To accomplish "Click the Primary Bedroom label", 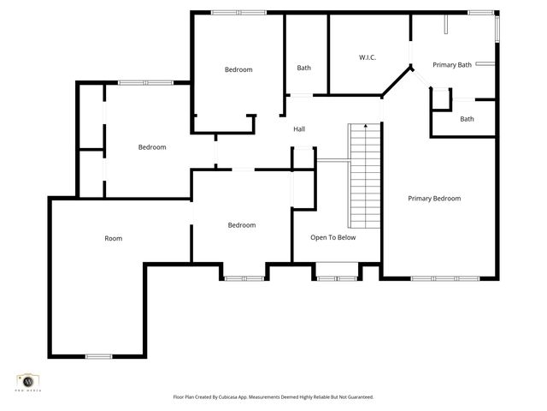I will [434, 199].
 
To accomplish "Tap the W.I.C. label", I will [368, 57].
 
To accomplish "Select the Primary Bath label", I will [452, 65].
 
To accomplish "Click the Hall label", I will [299, 129].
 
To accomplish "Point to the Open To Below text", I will [332, 238].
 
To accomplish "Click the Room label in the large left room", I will [113, 238].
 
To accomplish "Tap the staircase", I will [364, 176].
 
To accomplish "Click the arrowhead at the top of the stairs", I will [365, 127].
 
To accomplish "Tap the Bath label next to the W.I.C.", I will [303, 68].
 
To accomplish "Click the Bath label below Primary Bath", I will [467, 119].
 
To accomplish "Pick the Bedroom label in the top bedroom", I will [238, 69].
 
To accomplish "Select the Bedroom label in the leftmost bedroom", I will [152, 147].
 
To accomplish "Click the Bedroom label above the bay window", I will [242, 225].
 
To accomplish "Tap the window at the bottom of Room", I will [98, 356].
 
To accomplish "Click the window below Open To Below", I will [336, 277].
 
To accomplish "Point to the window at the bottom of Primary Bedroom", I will [438, 277].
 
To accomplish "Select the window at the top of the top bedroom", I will [238, 12].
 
